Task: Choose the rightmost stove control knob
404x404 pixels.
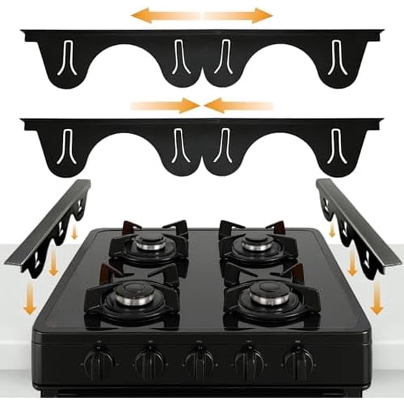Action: pos(299,363)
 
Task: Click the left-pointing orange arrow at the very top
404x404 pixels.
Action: pos(166,15)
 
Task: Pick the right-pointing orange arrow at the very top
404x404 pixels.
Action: pos(238,15)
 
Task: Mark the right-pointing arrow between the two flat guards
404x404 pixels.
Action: pos(166,106)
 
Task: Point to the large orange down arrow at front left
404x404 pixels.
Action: pos(29,299)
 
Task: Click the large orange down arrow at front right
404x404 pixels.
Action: pos(377,297)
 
